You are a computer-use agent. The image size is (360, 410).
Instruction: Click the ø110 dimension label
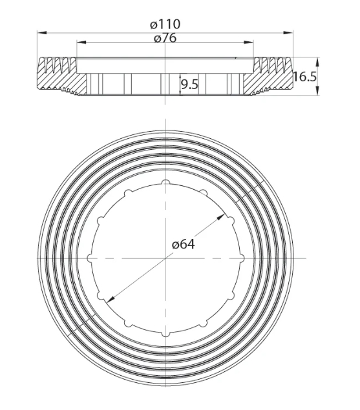click(x=165, y=25)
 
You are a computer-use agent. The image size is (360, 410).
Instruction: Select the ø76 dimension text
click(x=165, y=39)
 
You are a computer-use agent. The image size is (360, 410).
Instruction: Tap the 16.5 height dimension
click(x=304, y=77)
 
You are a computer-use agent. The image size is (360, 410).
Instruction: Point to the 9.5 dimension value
click(x=190, y=85)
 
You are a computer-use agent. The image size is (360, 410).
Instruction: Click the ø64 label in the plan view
click(x=184, y=245)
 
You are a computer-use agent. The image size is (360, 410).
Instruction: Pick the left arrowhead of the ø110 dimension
click(x=42, y=33)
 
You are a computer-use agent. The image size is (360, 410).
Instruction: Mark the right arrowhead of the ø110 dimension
click(x=288, y=33)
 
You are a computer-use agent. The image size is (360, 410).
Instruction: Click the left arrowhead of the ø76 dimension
click(x=81, y=42)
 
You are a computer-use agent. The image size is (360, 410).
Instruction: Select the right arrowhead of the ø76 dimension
click(x=249, y=42)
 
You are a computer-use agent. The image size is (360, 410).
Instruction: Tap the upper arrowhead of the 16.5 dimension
click(x=317, y=62)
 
